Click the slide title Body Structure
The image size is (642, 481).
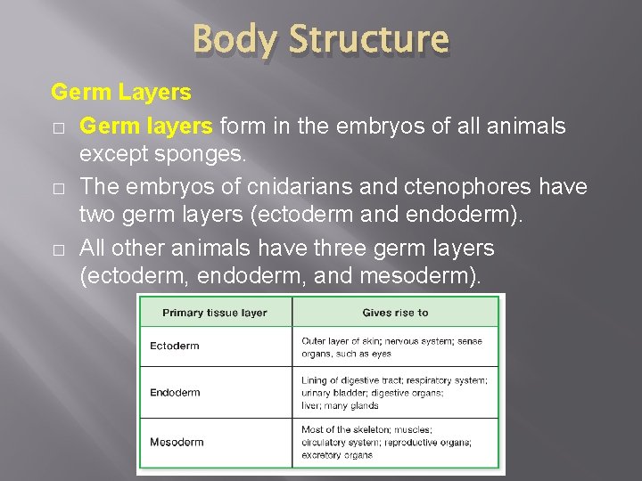click(x=320, y=40)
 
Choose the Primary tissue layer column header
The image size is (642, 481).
click(x=215, y=313)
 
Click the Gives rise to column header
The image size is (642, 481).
click(x=395, y=313)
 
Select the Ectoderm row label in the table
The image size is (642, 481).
click(x=175, y=346)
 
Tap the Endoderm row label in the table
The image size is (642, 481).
click(x=175, y=392)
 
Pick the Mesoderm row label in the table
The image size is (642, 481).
click(x=177, y=442)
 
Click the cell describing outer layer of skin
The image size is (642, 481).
click(x=395, y=346)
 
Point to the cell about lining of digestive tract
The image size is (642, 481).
click(x=395, y=392)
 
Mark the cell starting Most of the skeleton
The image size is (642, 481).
click(x=395, y=442)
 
